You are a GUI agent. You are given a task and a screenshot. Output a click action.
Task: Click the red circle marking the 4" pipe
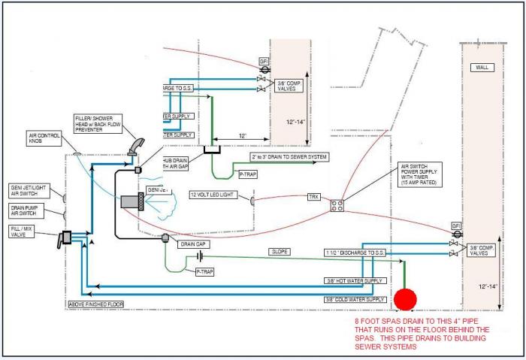[x=406, y=299]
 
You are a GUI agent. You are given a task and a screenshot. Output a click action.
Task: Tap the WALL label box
[x=481, y=68]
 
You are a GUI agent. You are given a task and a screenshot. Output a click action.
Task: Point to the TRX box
[x=313, y=196]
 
